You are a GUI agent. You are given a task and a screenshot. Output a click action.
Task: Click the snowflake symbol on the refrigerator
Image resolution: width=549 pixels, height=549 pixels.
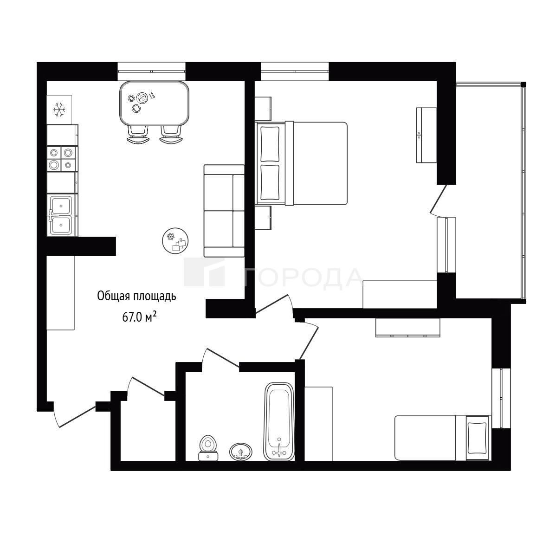[x=59, y=110]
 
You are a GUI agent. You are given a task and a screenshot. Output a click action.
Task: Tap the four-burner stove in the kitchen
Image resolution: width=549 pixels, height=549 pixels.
[x=62, y=159]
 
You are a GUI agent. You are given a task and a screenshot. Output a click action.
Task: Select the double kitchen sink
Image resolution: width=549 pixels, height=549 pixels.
[x=62, y=215]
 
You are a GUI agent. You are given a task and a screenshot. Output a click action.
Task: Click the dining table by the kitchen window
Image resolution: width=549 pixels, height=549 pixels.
[x=154, y=103]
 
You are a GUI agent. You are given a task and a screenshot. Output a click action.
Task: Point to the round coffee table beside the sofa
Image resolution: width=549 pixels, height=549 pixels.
[x=175, y=240]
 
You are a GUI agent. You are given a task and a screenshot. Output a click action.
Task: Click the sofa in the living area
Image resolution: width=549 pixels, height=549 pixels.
[x=224, y=211]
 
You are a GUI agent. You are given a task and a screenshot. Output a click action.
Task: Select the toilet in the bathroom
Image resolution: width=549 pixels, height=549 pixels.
[x=208, y=448]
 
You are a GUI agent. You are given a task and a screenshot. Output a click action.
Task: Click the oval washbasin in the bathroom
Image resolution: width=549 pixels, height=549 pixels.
[x=240, y=452]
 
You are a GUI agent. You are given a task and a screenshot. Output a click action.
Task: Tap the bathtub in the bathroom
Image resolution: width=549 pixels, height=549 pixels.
[x=279, y=421]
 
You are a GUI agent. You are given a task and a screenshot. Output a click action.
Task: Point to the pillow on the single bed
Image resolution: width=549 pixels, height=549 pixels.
[x=477, y=438]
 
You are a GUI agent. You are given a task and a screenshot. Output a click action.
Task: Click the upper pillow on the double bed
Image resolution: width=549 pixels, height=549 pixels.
[x=270, y=144]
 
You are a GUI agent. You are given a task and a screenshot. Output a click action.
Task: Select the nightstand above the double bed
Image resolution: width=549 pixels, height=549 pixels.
[x=263, y=109]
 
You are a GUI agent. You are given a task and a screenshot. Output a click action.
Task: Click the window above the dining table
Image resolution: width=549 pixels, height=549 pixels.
[x=151, y=71]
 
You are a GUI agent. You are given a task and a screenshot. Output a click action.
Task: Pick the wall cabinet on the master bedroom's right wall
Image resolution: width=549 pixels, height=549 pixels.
[x=426, y=135]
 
